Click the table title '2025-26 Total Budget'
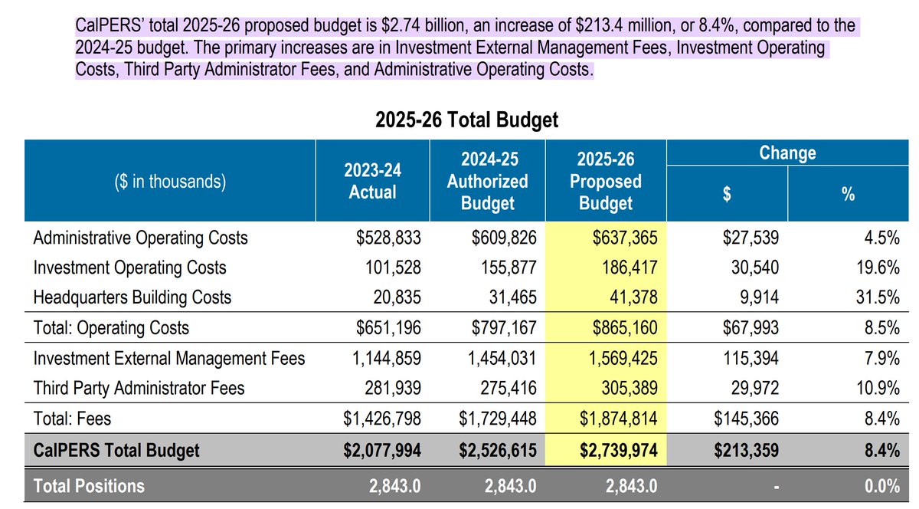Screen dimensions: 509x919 (466, 120)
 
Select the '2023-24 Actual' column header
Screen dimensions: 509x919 (372, 181)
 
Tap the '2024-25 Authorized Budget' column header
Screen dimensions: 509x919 (488, 181)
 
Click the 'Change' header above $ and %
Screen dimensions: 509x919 (787, 153)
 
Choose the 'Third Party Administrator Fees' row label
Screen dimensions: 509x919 (139, 388)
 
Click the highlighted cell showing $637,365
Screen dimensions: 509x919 (624, 238)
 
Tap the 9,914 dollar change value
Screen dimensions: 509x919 (760, 297)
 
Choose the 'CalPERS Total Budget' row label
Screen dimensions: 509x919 (116, 450)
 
